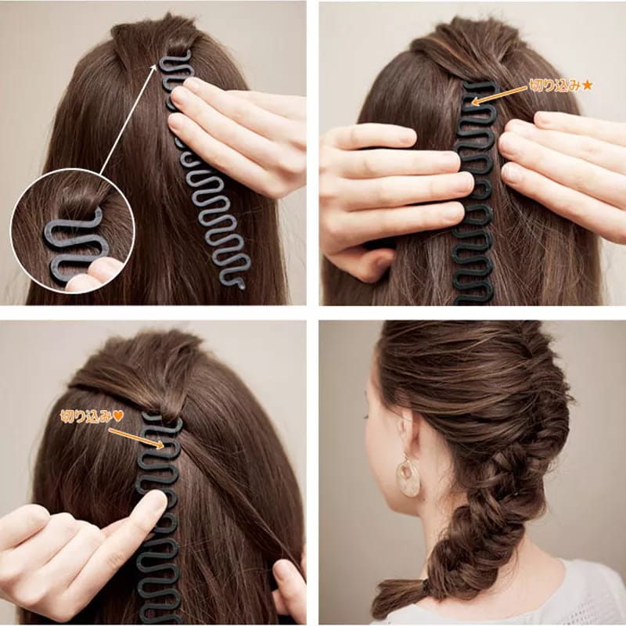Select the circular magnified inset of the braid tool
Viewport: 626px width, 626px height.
tap(72, 231)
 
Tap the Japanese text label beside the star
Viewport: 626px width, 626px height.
tap(555, 85)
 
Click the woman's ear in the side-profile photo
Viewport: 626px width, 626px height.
tap(407, 434)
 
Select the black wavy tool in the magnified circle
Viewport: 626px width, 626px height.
tap(74, 243)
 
